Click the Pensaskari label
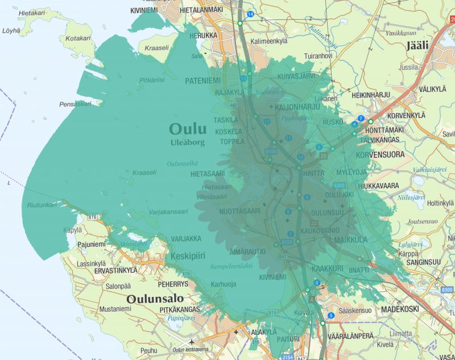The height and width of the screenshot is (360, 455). (75, 105)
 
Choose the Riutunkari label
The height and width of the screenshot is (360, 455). (41, 204)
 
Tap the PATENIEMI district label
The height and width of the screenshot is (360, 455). (202, 81)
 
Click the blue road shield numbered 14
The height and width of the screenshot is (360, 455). (250, 14)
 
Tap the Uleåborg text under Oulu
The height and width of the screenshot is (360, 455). (187, 143)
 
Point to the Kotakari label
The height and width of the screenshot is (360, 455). (78, 38)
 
